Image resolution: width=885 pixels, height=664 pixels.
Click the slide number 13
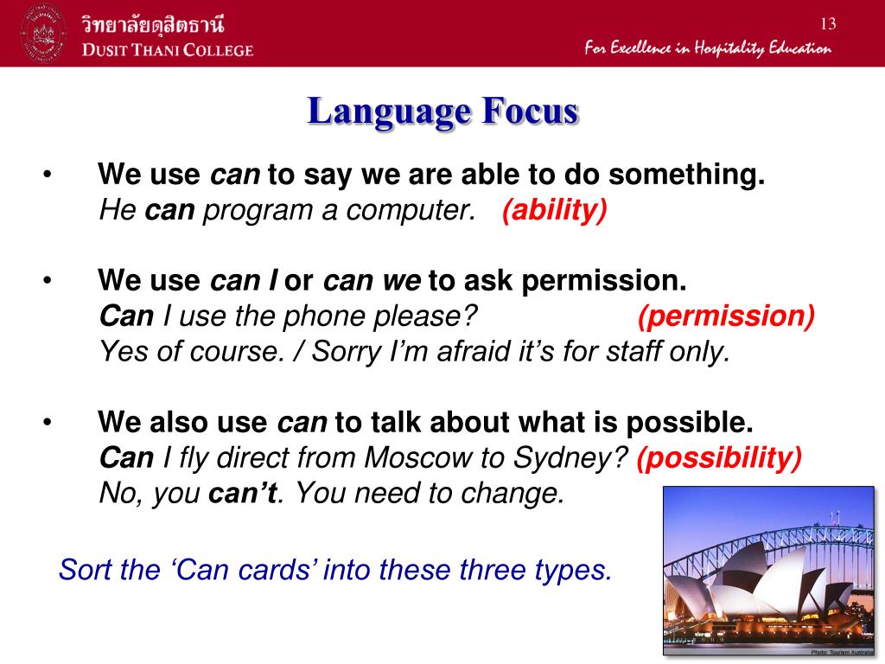click(x=828, y=23)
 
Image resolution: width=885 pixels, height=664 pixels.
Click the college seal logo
click(x=43, y=34)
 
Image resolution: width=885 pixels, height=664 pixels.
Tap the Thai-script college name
click(x=152, y=24)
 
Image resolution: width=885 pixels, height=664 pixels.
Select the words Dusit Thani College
click(x=168, y=49)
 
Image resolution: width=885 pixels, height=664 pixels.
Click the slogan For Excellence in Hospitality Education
click(x=708, y=48)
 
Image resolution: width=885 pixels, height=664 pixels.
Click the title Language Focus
click(x=443, y=111)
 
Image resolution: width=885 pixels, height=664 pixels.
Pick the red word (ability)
click(x=554, y=210)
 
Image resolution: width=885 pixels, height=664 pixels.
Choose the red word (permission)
click(x=726, y=316)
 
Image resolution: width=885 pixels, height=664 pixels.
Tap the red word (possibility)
click(x=718, y=457)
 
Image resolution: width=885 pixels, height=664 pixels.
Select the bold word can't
click(x=243, y=493)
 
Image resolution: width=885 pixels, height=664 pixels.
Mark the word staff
click(x=634, y=351)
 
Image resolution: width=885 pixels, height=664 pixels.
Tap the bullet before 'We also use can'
click(x=48, y=422)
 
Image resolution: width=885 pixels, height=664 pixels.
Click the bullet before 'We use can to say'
click(x=48, y=174)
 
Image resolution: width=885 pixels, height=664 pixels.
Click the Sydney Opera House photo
click(x=768, y=571)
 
